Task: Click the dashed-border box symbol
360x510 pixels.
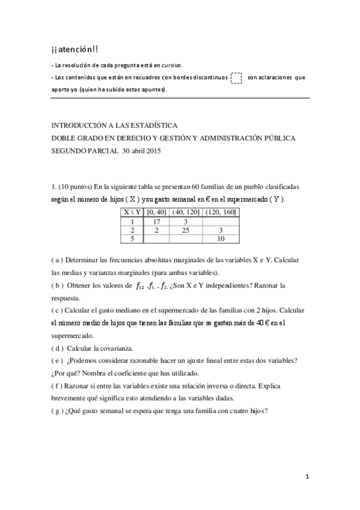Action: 236,78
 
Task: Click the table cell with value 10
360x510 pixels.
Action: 221,238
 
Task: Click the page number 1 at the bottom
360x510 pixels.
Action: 307,477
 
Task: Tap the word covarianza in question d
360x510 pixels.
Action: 116,348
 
